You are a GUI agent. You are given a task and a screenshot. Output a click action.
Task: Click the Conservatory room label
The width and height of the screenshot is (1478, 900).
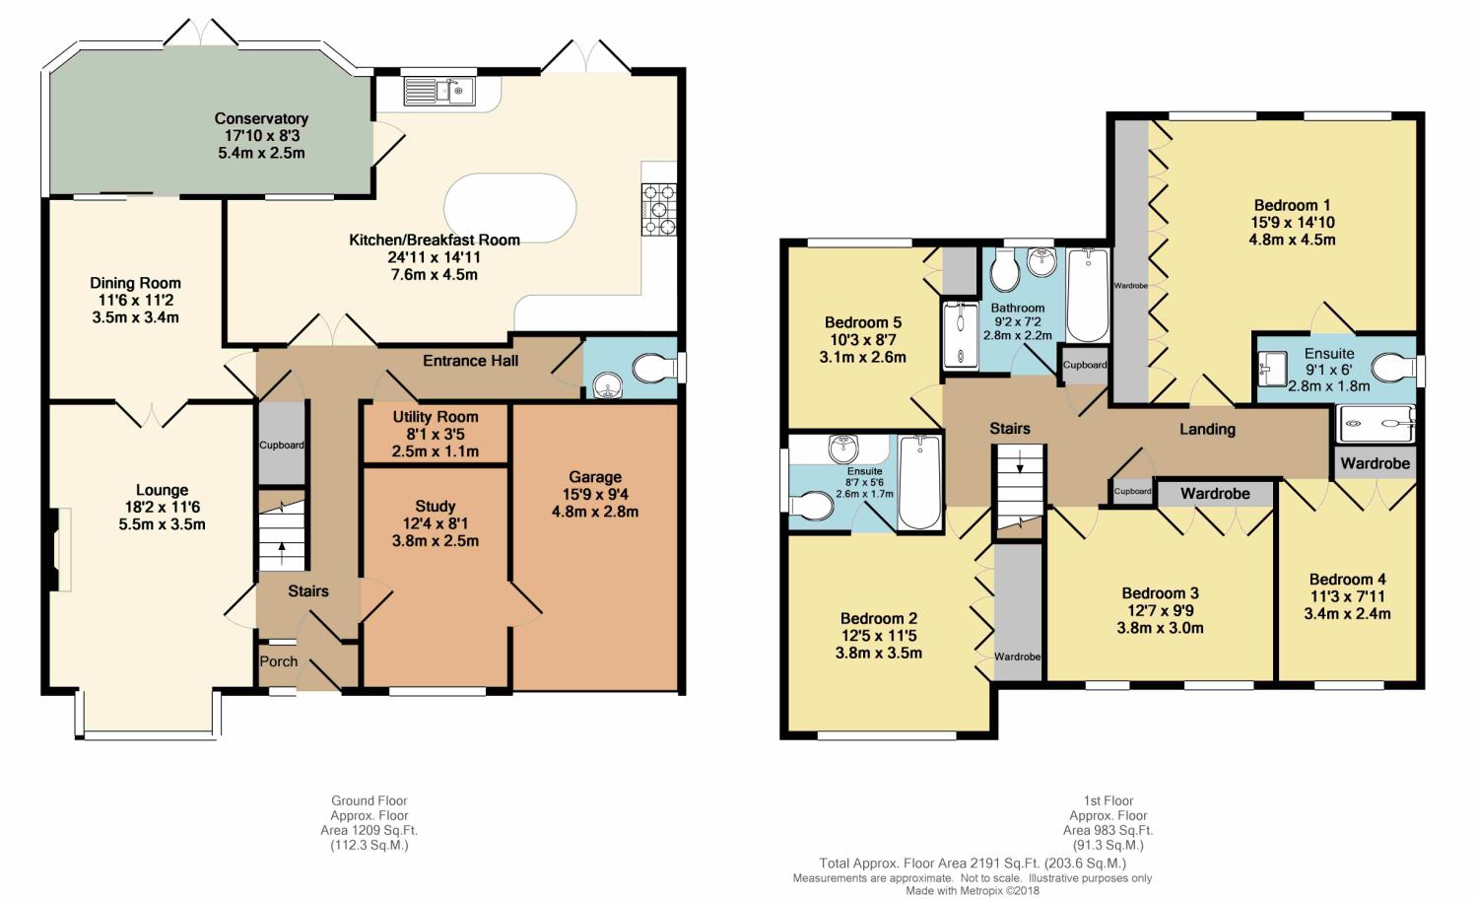261,119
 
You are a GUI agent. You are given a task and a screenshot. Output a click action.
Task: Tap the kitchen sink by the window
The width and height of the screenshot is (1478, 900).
438,91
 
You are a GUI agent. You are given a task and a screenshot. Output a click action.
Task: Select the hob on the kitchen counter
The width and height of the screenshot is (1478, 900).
659,210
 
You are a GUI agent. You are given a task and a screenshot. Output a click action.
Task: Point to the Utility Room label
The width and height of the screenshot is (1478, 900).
436,417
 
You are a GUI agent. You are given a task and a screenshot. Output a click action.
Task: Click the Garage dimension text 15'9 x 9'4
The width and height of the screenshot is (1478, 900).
595,494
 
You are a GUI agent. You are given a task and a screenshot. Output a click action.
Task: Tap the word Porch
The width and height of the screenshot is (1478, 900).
279,661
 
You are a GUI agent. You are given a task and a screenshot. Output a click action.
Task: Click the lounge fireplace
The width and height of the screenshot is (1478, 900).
60,549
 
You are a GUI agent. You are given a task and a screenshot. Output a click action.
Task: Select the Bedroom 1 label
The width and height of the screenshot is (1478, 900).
1292,205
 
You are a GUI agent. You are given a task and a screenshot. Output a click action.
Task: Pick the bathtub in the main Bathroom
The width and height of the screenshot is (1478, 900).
1088,295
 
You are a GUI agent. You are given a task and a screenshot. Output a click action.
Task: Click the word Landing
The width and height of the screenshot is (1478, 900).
1207,429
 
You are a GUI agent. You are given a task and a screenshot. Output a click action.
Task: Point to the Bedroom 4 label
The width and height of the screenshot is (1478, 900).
1347,579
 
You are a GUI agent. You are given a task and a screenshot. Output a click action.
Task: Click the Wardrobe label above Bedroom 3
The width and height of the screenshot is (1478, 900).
1215,493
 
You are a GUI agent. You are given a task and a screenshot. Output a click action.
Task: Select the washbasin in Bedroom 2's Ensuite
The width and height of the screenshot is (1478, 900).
843,449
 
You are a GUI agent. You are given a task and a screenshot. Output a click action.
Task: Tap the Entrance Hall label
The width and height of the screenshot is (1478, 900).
470,361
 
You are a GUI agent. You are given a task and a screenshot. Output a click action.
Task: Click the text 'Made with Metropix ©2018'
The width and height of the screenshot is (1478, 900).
972,891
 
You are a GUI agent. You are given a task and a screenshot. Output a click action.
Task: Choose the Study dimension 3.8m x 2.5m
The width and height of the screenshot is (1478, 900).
436,541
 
